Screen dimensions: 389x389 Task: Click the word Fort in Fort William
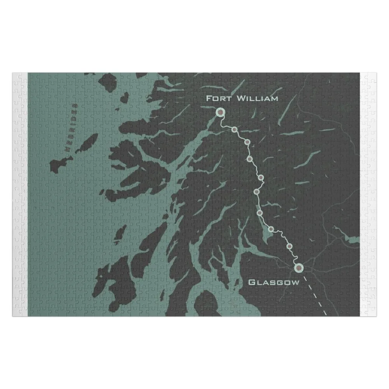(219, 98)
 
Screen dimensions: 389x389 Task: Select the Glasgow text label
(274, 282)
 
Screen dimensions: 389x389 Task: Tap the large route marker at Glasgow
(298, 267)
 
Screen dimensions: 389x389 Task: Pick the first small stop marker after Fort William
(235, 130)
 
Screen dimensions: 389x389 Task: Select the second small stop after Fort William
(247, 142)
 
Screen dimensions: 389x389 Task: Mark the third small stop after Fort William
(250, 159)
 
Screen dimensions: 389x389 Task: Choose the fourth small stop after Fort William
(261, 178)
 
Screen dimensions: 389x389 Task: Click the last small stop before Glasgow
(289, 246)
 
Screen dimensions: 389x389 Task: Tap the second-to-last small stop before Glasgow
(271, 229)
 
